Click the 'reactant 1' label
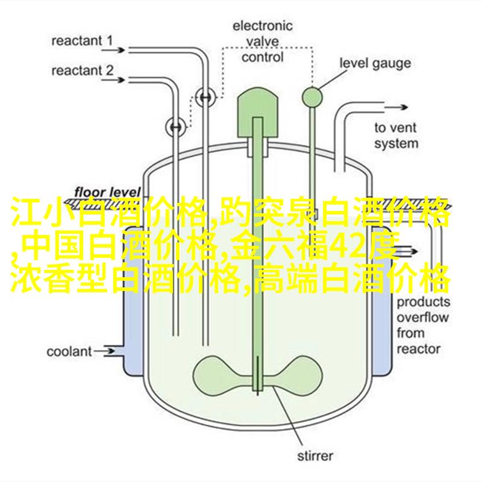coord(82,42)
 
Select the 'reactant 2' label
coord(82,70)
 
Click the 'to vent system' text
coord(396,136)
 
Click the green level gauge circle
coord(312,94)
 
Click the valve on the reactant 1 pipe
coord(205,96)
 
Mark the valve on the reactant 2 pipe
coord(176,126)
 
